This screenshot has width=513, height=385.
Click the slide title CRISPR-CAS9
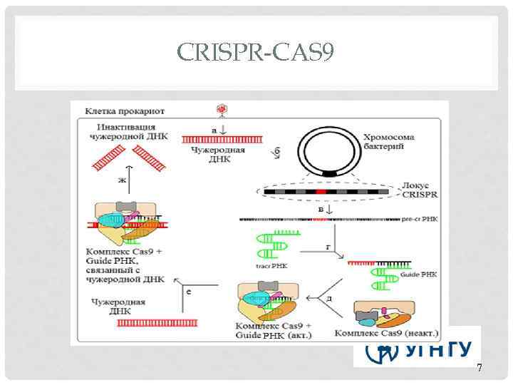(x=256, y=51)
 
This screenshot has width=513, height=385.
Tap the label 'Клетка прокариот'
(x=125, y=112)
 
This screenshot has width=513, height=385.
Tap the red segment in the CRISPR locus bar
(x=321, y=192)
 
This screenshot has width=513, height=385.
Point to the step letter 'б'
(x=277, y=152)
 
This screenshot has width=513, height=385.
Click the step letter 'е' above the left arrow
(x=189, y=290)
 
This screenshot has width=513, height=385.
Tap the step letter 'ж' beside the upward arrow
(x=122, y=180)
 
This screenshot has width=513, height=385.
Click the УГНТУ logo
(x=417, y=349)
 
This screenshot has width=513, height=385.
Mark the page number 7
(x=479, y=368)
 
